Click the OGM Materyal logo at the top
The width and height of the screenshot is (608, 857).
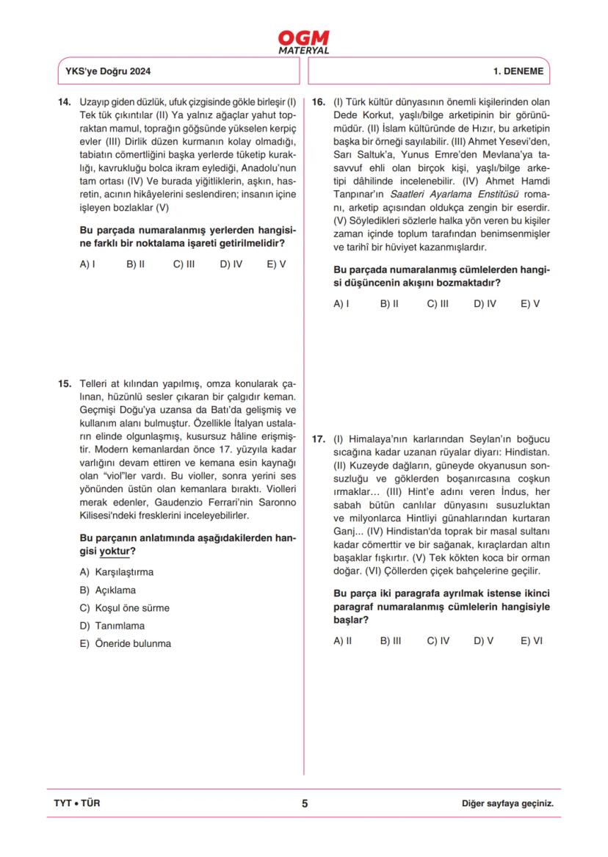tap(303, 42)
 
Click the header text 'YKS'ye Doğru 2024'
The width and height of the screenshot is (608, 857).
tap(108, 72)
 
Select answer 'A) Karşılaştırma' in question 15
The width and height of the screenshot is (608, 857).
tap(117, 572)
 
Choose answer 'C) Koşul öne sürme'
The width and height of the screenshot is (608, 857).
tap(124, 608)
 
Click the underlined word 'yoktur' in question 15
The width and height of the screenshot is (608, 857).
tap(115, 551)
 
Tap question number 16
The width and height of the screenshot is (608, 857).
tap(318, 101)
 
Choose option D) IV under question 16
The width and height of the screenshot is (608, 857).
tap(485, 303)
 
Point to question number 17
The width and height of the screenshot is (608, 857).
tap(318, 439)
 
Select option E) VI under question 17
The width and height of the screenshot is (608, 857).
tap(531, 640)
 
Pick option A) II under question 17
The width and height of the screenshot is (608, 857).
tap(342, 640)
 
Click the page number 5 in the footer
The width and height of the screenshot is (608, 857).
tap(305, 803)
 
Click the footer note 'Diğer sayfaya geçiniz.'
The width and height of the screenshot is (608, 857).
tap(507, 803)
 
